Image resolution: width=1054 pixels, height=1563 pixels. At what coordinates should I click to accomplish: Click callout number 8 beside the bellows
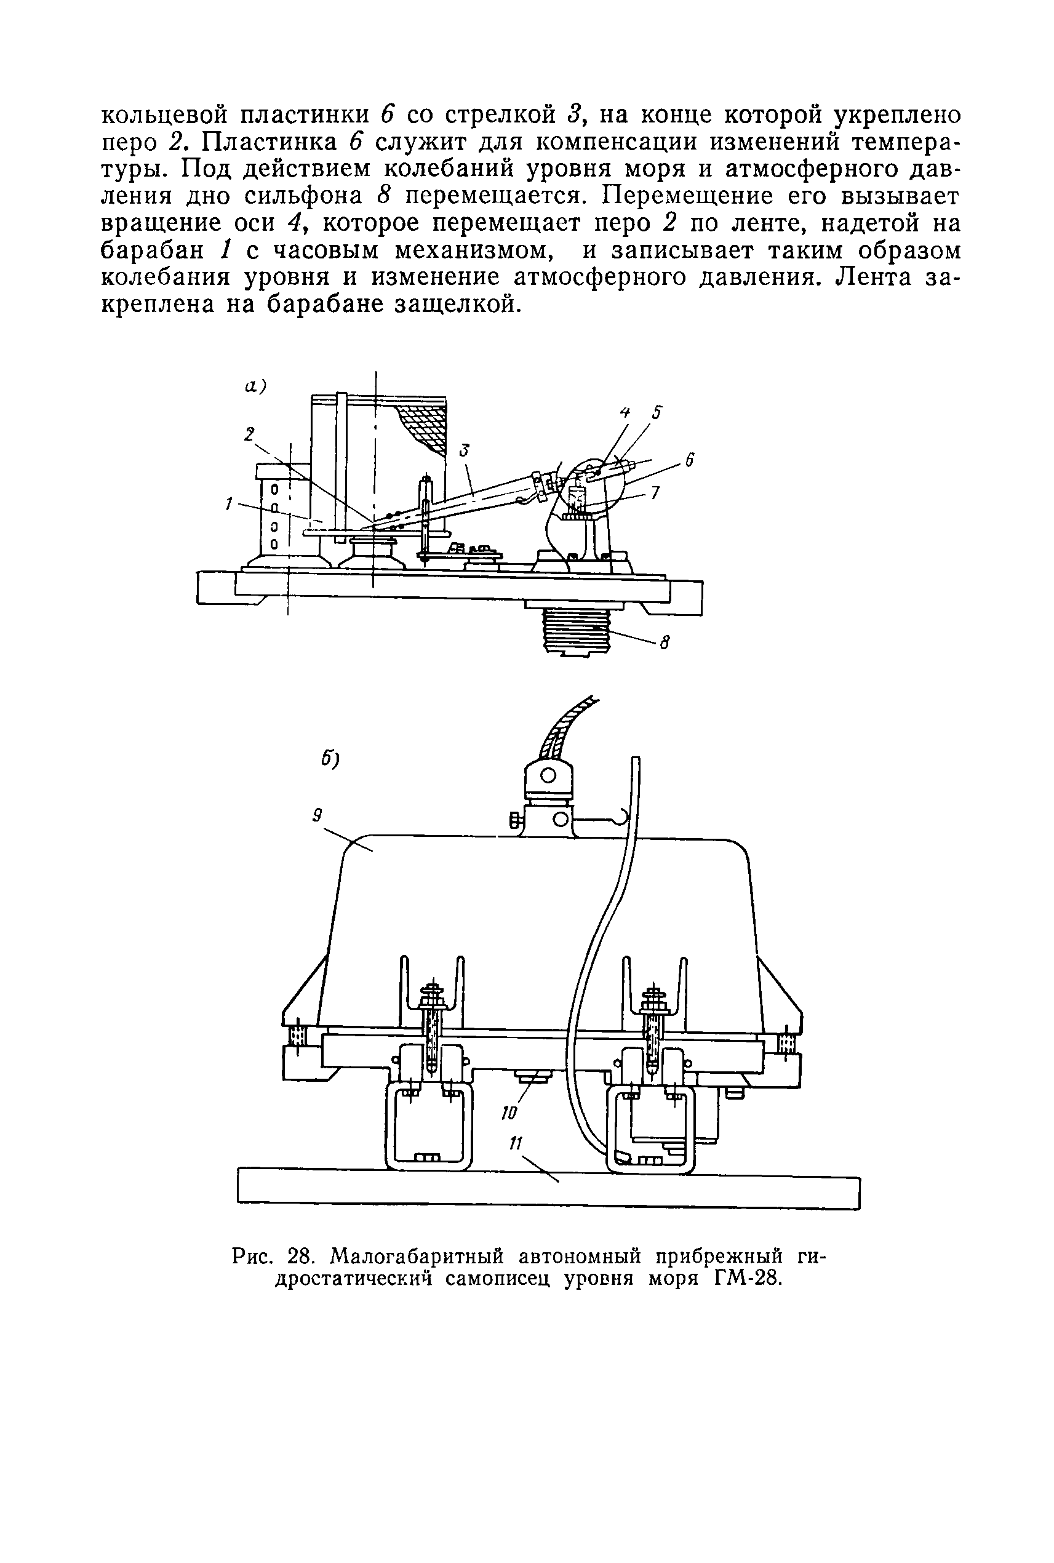tap(664, 643)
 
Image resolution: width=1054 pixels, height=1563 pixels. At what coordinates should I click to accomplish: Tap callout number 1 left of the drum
tap(230, 502)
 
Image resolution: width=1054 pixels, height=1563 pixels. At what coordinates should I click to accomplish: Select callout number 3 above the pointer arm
tap(463, 450)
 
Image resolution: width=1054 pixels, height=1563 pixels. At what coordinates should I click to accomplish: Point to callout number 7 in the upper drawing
tap(655, 493)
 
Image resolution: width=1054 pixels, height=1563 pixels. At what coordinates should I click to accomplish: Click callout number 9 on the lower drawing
tap(317, 815)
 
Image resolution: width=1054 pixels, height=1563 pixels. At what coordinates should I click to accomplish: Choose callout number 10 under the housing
tap(509, 1113)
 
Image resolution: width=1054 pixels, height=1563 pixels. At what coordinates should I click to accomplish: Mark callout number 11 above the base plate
tap(516, 1143)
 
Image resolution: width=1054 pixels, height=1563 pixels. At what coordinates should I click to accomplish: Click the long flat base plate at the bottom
tap(548, 1191)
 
